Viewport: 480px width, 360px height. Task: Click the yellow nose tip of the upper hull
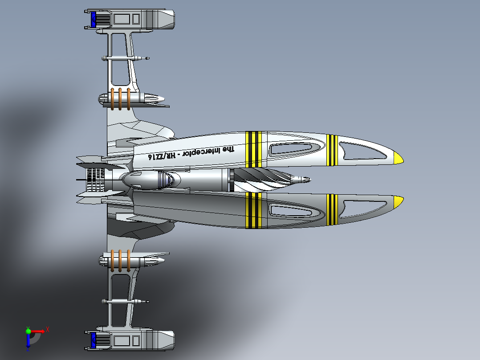click(x=398, y=158)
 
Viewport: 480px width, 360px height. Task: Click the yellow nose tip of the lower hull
click(x=398, y=202)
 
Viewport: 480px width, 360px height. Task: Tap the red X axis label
click(x=48, y=330)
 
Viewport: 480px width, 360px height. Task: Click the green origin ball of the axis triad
click(x=28, y=331)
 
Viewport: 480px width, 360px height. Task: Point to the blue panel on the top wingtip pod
click(x=94, y=19)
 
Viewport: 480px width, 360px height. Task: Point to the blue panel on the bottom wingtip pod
click(x=94, y=340)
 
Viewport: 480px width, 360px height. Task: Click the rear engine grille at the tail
click(x=95, y=180)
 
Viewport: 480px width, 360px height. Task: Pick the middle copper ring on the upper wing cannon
click(x=120, y=99)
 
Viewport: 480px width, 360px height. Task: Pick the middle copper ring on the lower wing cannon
click(x=120, y=261)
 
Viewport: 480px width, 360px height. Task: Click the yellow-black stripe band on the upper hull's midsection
click(x=253, y=149)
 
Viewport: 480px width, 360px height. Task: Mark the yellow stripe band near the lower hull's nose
click(x=332, y=209)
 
